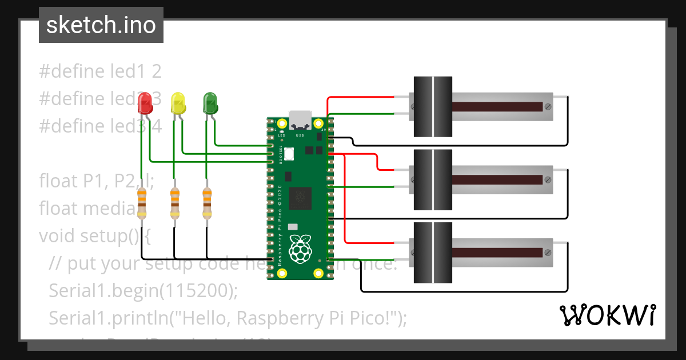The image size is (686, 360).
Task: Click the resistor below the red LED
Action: (142, 204)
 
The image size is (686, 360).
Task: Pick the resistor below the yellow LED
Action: (175, 204)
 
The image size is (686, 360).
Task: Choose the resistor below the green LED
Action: (208, 204)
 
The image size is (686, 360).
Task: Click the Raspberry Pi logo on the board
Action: (300, 249)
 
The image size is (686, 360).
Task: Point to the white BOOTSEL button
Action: (289, 154)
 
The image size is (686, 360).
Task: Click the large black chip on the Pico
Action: (300, 199)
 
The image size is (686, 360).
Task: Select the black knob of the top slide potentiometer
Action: (432, 107)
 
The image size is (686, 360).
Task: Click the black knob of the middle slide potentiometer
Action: (432, 180)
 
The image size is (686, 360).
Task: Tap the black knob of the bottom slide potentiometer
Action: (432, 253)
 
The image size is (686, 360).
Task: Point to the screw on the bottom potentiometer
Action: (548, 253)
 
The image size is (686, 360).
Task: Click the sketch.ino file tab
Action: (101, 25)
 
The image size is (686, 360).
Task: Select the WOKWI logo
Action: (607, 315)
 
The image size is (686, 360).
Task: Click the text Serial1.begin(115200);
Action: (143, 290)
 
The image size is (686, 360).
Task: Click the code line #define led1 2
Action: (100, 71)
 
